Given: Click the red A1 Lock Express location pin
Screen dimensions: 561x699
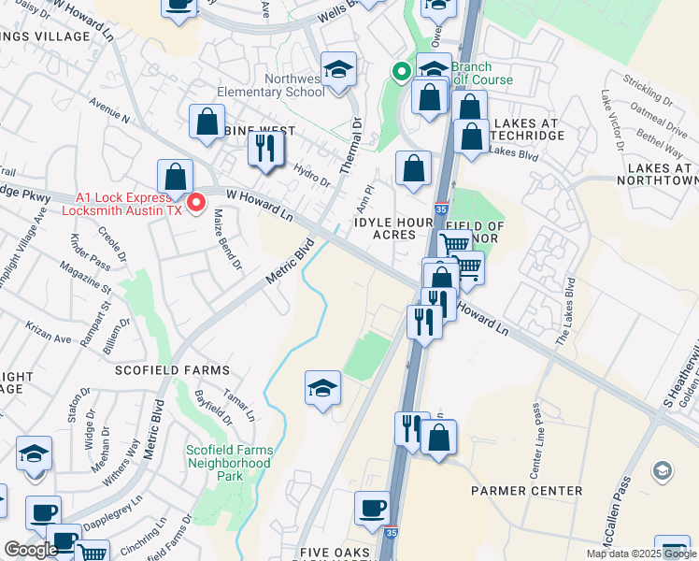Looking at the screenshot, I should point(196,203).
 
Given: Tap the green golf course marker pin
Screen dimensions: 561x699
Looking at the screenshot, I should point(401,71).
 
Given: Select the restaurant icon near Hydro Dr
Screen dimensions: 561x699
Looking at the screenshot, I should point(266,148).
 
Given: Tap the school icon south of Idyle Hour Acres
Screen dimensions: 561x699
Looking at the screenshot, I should point(322,387).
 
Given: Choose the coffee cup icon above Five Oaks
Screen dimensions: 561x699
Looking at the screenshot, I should point(373,509).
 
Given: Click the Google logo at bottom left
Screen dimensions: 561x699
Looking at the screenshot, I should point(31,550).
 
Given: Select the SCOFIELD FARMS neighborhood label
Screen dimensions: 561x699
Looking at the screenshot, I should point(172,370).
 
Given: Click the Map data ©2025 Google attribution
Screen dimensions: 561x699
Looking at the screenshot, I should point(640,554).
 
